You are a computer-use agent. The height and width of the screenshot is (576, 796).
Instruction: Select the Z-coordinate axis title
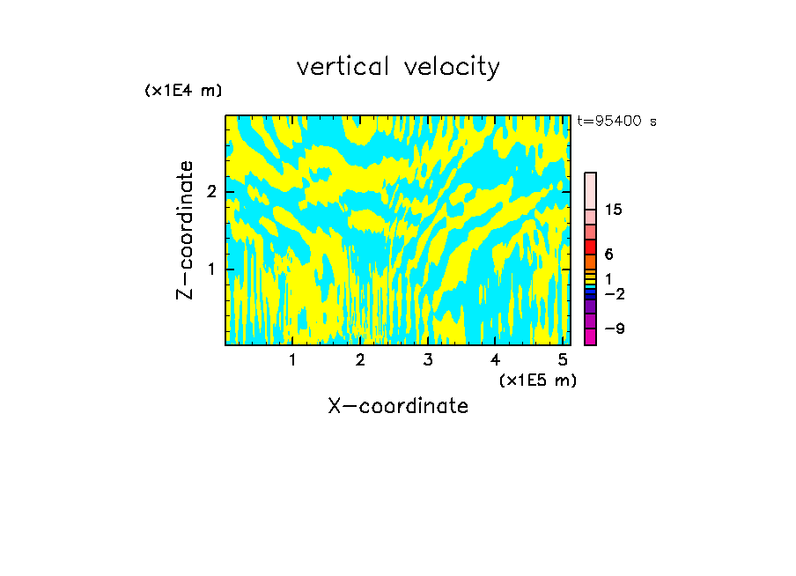click(x=185, y=230)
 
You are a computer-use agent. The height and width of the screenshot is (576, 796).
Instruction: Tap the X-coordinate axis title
click(x=398, y=406)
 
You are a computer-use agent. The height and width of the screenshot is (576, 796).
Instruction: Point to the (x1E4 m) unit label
click(x=183, y=91)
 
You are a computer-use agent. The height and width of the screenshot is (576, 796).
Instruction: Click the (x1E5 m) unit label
click(x=537, y=380)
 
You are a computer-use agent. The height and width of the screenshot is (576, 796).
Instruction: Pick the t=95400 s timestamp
click(x=616, y=122)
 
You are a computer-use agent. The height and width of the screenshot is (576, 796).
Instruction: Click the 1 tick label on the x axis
click(x=292, y=359)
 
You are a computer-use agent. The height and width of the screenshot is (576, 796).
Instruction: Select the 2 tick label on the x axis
click(x=360, y=359)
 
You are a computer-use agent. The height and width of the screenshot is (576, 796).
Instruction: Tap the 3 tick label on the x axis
click(x=428, y=359)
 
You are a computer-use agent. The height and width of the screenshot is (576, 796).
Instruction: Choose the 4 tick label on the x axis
click(x=496, y=359)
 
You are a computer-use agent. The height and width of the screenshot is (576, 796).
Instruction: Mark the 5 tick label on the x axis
click(x=563, y=359)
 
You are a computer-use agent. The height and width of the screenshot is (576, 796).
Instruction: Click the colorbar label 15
click(x=614, y=210)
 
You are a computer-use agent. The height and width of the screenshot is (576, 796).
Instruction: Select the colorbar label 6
click(x=608, y=255)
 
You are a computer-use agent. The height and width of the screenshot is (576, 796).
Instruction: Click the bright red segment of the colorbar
click(x=590, y=247)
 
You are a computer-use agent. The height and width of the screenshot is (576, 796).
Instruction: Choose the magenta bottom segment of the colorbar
click(x=590, y=336)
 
